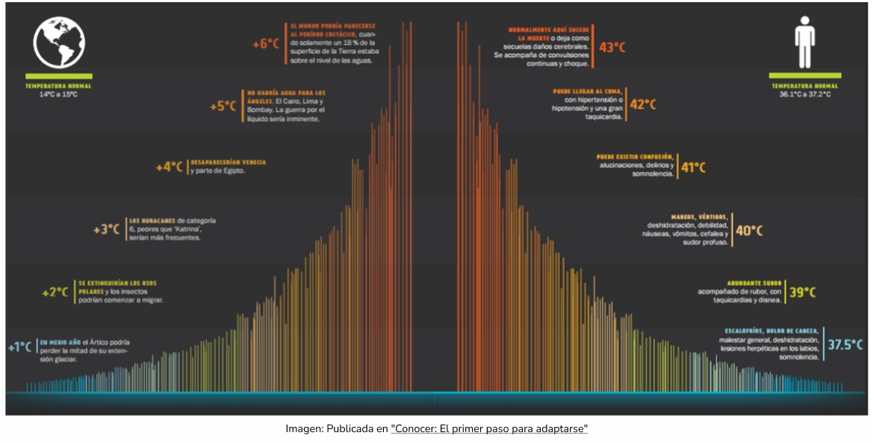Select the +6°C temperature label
[265, 43]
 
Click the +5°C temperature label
[223, 105]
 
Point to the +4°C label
[169, 167]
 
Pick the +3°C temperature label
[106, 229]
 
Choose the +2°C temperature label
[55, 292]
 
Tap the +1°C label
[19, 347]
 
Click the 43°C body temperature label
[612, 47]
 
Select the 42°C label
[643, 105]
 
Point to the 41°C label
[693, 167]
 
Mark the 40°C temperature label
[751, 230]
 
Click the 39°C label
[802, 292]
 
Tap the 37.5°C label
[845, 345]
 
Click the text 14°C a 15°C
[58, 95]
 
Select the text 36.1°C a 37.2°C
[805, 95]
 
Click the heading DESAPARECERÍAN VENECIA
[229, 161]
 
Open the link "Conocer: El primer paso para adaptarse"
[489, 429]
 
